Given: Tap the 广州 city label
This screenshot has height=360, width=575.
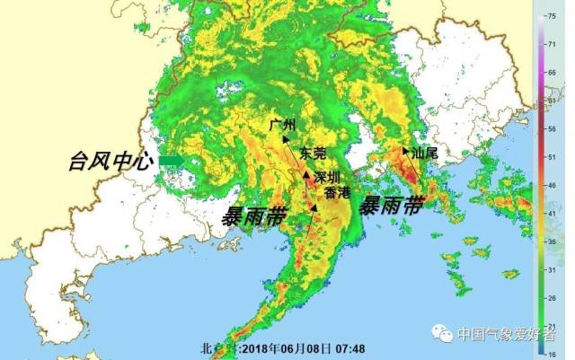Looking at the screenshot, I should [281, 125].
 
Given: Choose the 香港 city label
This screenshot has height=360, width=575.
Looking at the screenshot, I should [338, 192].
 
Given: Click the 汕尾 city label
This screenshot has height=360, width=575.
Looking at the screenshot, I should [424, 153].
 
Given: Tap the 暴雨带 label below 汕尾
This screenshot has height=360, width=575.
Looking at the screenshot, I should [391, 206].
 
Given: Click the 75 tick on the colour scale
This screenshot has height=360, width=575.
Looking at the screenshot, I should [565, 16].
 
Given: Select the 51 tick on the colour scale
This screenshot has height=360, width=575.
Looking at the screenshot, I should [565, 156].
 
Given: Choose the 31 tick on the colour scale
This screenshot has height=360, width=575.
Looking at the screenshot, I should [565, 269].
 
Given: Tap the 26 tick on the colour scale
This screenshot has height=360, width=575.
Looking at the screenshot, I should [565, 298].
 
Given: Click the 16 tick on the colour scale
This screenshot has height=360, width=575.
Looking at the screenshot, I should [565, 355].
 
